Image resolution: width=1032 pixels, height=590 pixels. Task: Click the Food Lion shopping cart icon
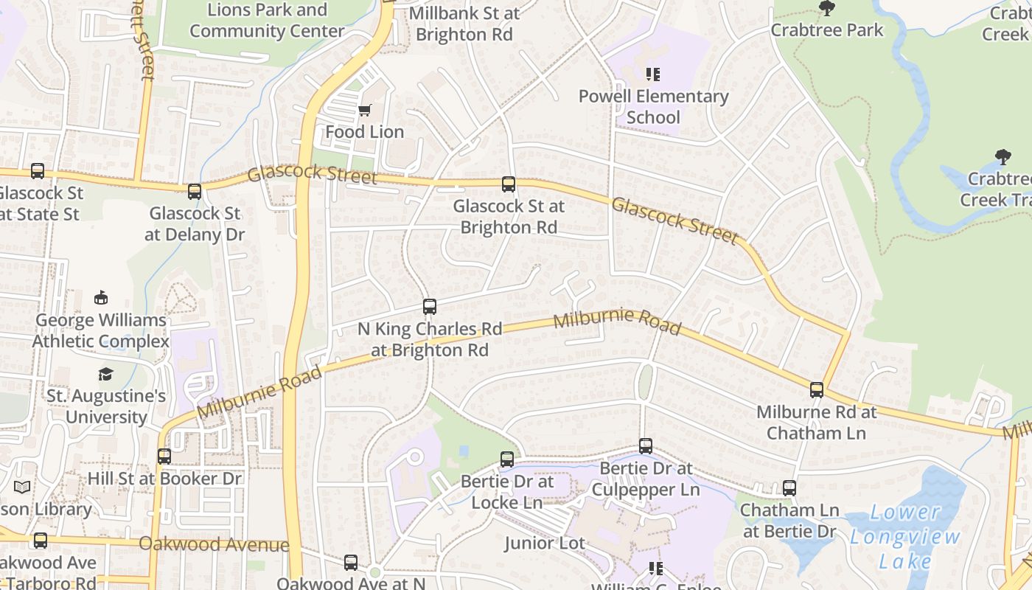pos(365,111)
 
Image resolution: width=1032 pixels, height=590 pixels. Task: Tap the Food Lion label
pos(365,132)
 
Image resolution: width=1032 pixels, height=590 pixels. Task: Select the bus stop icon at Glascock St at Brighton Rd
pos(508,184)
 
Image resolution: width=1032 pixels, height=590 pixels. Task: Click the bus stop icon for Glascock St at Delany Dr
pos(195,192)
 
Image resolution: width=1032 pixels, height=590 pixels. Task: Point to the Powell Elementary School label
pos(653,107)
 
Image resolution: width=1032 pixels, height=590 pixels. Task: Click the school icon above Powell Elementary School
pos(653,74)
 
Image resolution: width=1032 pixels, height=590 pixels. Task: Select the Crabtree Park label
pos(827,30)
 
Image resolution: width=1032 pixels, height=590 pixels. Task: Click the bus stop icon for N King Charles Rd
pos(430,306)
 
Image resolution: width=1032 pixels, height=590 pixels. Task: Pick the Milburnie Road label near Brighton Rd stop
pos(616,321)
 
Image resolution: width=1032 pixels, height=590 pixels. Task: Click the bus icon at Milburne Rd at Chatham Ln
pos(817,390)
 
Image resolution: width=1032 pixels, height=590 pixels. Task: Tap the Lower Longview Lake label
pos(905,536)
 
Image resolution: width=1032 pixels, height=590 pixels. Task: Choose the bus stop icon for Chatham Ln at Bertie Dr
pos(789,488)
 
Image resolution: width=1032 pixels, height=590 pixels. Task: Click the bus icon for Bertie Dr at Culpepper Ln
pos(646,446)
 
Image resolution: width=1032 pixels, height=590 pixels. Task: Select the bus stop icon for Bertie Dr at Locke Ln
pos(507,459)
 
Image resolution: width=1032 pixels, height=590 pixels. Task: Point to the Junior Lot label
pos(545,544)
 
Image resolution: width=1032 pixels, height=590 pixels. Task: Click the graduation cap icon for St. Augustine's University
pos(106,375)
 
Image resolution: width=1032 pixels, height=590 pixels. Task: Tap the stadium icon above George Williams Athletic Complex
pos(101,298)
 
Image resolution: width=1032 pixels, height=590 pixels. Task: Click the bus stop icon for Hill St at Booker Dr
pos(164,457)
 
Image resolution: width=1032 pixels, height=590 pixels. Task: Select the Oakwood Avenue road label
pos(214,545)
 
